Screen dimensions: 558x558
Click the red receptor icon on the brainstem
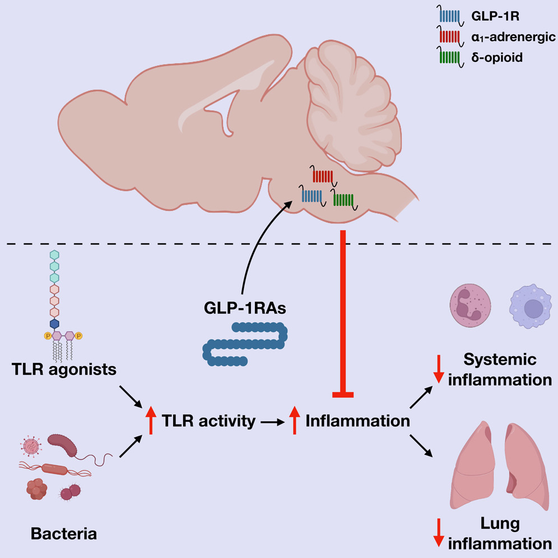click(x=323, y=176)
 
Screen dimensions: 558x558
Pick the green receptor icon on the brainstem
click(x=343, y=199)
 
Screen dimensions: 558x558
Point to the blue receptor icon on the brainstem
click(x=311, y=196)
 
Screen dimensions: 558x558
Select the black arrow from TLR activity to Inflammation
click(x=272, y=422)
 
